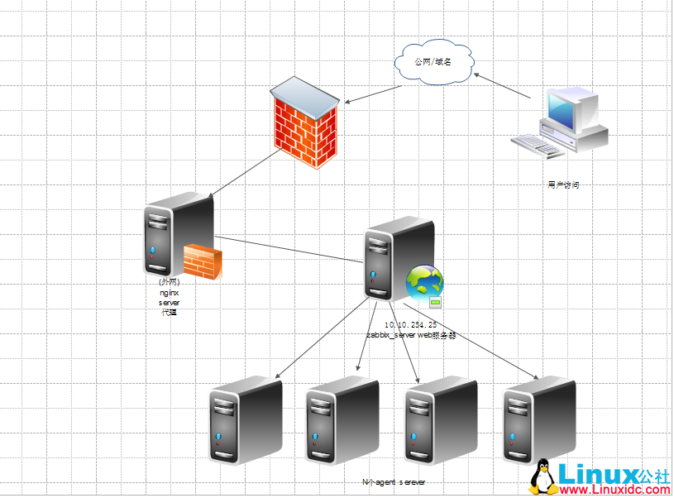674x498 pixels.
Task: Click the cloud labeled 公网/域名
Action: pos(434,62)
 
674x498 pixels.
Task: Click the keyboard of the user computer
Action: pos(539,146)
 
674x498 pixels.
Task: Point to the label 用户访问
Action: pos(563,185)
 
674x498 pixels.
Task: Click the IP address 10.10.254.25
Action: pos(411,325)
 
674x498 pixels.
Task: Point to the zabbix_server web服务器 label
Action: pos(411,336)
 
